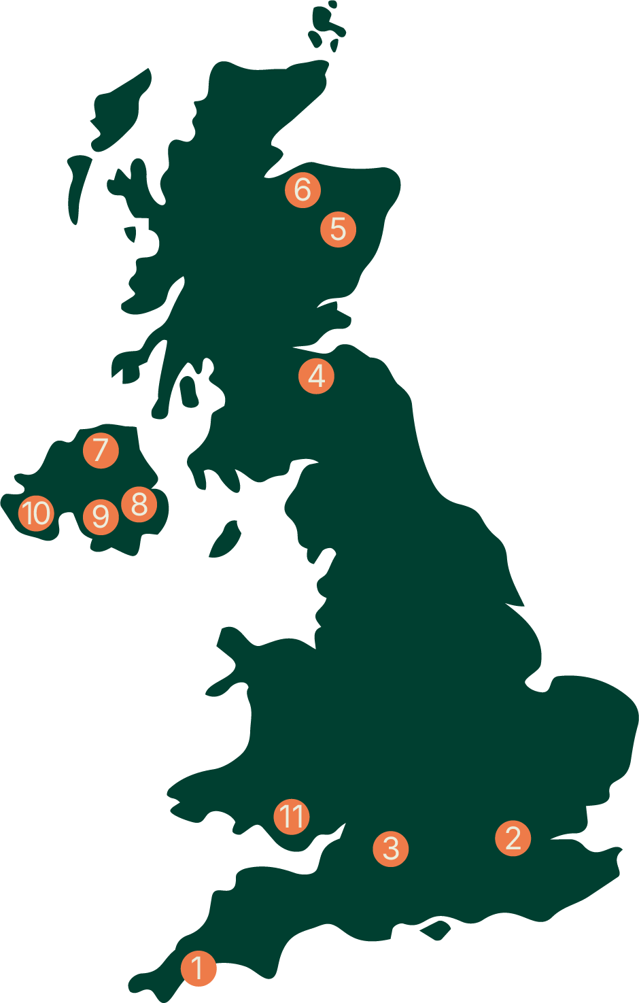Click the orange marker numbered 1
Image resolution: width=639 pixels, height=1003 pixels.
[x=198, y=968]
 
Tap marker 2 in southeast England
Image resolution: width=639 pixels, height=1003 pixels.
[x=513, y=837]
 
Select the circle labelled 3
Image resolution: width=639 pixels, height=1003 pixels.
[x=391, y=848]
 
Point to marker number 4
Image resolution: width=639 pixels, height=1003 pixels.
[x=317, y=376]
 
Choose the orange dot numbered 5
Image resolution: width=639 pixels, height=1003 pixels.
[x=339, y=228]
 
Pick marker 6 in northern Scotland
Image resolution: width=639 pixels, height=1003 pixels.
[x=303, y=190]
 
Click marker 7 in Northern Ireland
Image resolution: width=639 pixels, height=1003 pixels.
[x=101, y=450]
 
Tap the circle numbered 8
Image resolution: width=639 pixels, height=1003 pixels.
[x=139, y=505]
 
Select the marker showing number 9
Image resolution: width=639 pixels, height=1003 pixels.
[x=101, y=517]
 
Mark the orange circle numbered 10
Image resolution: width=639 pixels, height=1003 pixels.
[x=36, y=513]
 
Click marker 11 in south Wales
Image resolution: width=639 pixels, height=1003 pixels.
[x=292, y=816]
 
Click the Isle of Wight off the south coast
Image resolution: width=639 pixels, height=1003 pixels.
[x=436, y=930]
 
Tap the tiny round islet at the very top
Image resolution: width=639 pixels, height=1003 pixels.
[x=333, y=4]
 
